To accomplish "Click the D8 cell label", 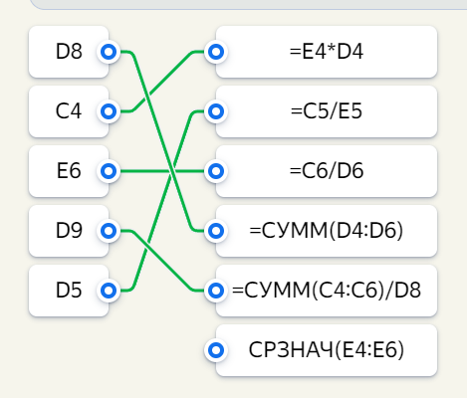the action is point(69,52).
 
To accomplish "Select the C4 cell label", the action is point(69,111).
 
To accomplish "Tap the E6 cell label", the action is point(69,171).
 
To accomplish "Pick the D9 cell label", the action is point(69,231).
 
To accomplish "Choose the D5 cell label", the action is point(69,291).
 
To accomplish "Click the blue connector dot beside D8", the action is point(109,52).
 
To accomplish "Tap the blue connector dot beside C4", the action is point(109,111).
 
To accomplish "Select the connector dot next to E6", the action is point(109,171).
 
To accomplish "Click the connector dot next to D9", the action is point(109,231).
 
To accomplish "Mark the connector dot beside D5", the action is point(109,291).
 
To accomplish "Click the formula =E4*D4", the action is point(327,52).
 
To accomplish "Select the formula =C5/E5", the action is point(327,111).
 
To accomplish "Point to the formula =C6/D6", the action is point(327,171).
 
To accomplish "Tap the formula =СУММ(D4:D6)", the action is point(327,231).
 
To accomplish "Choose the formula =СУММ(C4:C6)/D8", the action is point(327,291).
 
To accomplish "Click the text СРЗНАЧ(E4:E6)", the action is point(327,350).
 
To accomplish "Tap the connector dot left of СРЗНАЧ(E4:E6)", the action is point(216,350).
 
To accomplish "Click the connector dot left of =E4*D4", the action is point(216,52).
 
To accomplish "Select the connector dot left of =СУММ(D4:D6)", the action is point(216,231).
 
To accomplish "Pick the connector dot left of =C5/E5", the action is point(216,111).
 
